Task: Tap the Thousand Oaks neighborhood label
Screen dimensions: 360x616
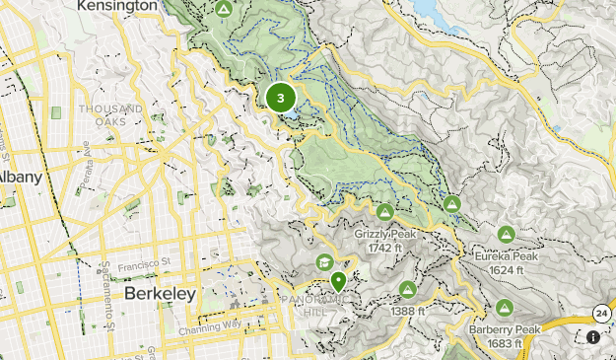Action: (111, 114)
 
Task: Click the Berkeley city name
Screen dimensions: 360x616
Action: (161, 294)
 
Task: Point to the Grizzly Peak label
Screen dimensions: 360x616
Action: (384, 234)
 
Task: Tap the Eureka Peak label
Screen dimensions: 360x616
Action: (506, 256)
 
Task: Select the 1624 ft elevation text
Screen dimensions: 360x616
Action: (506, 269)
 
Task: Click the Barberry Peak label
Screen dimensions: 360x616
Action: (505, 329)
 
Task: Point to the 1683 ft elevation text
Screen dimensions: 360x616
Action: (505, 342)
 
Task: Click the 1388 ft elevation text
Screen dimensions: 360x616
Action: (407, 312)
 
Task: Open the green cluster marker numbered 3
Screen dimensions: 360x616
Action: (281, 98)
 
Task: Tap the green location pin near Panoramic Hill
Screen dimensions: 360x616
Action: (339, 281)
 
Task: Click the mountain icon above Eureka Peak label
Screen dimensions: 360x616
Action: (506, 235)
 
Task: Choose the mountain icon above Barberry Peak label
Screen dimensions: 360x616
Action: (505, 308)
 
